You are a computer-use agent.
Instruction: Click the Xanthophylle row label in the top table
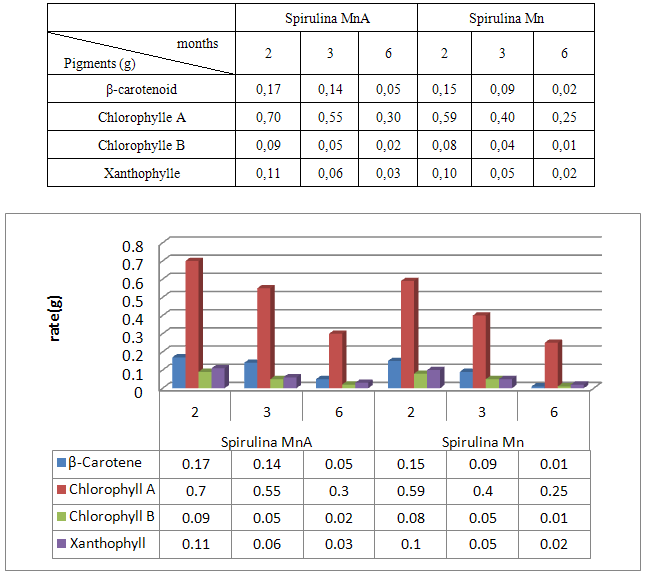point(142,173)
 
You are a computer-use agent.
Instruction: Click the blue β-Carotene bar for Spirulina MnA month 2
point(178,371)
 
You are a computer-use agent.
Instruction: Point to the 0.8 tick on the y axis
point(133,247)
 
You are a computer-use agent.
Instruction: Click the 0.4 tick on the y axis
point(133,319)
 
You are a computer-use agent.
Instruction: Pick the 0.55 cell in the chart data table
point(267,491)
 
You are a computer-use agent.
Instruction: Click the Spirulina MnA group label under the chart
point(267,441)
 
